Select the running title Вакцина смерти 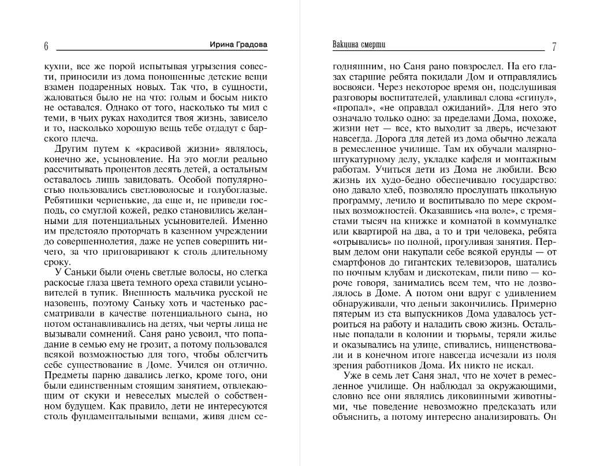[359, 45]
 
